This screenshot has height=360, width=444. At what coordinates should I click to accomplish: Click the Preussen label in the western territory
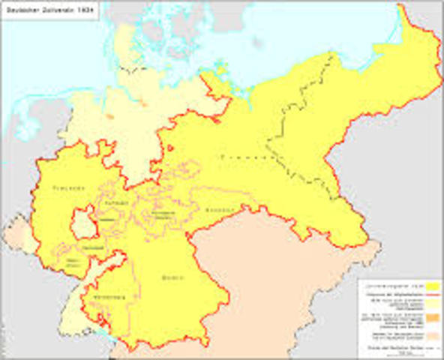68,187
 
